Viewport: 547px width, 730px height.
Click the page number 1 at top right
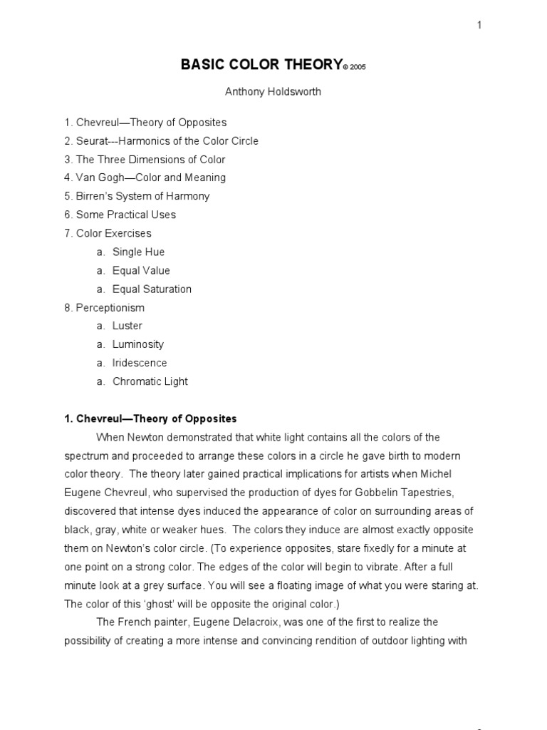point(479,26)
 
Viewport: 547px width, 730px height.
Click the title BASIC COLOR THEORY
point(261,65)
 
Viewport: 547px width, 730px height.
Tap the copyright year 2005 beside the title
point(359,67)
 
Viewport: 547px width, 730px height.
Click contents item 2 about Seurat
point(161,141)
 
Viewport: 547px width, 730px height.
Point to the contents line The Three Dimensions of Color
point(145,160)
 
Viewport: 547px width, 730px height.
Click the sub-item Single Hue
point(138,252)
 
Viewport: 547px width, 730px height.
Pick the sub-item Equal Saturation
point(152,289)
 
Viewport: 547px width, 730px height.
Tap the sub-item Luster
point(127,326)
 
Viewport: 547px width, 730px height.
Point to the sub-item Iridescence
point(140,363)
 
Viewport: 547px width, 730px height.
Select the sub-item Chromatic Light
point(150,381)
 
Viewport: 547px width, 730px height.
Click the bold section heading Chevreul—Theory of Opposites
point(150,418)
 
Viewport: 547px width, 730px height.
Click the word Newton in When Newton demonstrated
point(147,437)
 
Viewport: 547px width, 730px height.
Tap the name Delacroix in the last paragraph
point(273,622)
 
